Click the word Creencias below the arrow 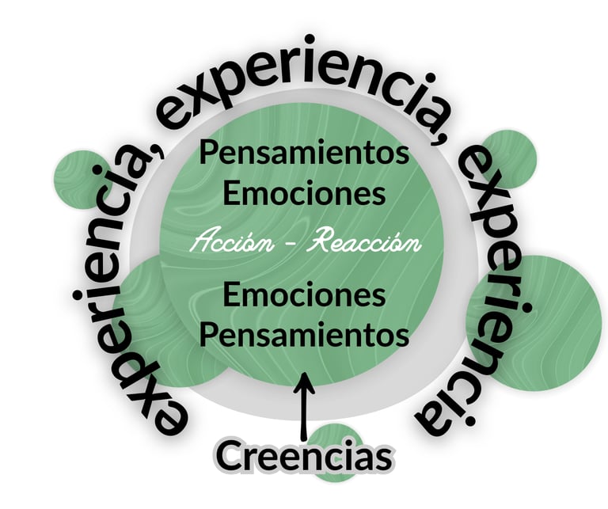coord(304,458)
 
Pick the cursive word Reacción coord(363,242)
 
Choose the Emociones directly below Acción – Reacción coord(304,295)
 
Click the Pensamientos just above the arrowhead coord(304,334)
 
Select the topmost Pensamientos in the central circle coord(304,152)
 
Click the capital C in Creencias coord(230,458)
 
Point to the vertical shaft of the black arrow coord(305,416)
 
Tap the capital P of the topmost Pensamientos coord(207,152)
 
